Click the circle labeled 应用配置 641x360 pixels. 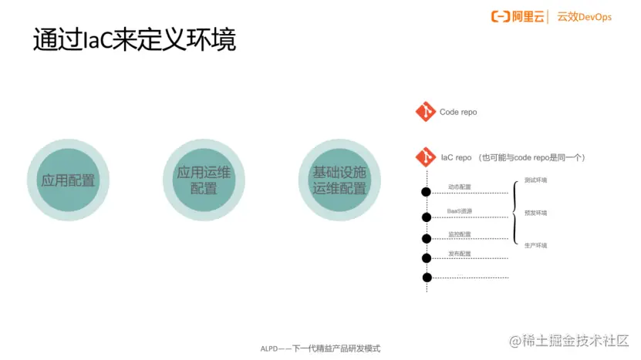coord(68,180)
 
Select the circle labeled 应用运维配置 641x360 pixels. coord(204,180)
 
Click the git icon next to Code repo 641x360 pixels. coord(425,112)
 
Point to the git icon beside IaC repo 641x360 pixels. coord(425,157)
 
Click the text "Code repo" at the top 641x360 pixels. coord(458,113)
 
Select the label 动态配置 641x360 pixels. coord(459,187)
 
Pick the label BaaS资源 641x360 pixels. coord(459,211)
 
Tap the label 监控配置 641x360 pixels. coord(459,234)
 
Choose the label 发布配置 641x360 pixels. coord(459,254)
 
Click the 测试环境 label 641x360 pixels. coord(535,180)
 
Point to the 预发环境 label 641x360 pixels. coord(535,213)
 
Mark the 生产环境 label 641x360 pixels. coord(535,245)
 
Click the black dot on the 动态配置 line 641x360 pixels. coord(425,192)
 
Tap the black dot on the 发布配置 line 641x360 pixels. coord(425,258)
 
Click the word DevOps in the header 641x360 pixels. coord(595,16)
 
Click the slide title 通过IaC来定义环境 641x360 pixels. coord(134,41)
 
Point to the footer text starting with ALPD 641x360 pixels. coord(320,348)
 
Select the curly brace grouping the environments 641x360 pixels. coord(514,213)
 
